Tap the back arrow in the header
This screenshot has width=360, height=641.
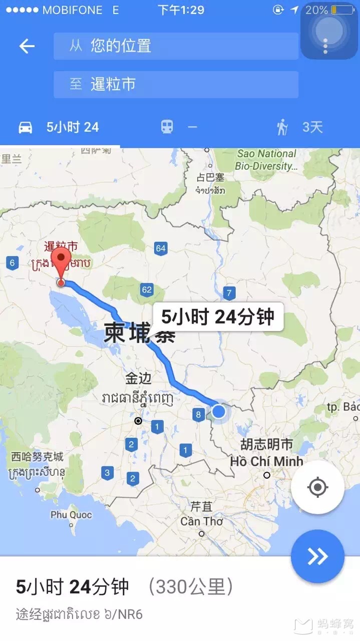27,47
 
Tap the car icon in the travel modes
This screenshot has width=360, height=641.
26,127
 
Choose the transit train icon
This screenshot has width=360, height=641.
167,127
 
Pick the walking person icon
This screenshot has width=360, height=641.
282,127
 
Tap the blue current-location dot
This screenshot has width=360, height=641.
219,411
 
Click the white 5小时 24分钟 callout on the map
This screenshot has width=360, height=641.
218,317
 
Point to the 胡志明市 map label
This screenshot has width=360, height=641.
266,444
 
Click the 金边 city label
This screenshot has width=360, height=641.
138,378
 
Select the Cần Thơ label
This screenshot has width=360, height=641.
201,521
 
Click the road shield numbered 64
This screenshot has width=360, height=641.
161,248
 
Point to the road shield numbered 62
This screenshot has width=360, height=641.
147,289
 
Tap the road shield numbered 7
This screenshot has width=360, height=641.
229,293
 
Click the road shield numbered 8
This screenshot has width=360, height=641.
198,414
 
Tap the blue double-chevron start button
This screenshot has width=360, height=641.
317,556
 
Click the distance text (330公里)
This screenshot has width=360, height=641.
191,586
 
